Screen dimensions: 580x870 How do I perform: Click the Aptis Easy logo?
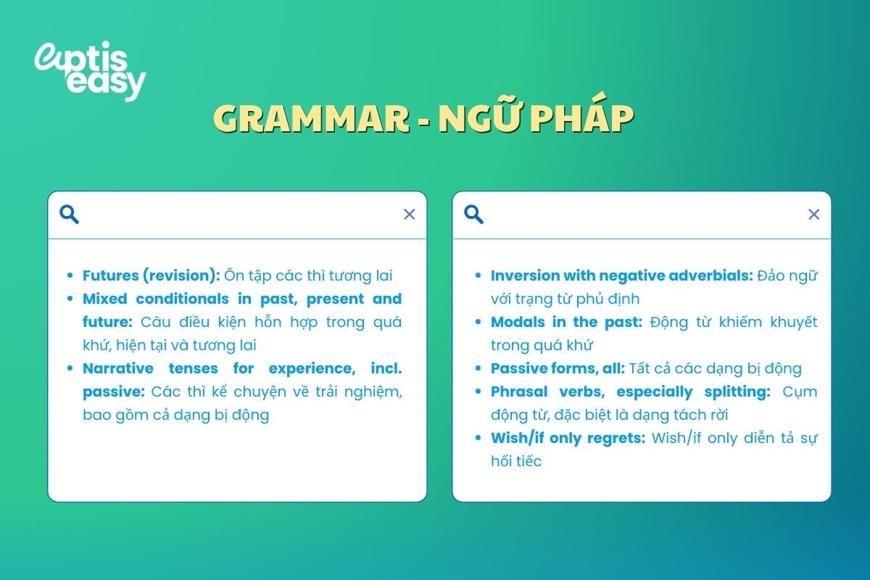point(90,70)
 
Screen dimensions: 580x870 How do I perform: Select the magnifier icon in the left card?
point(70,215)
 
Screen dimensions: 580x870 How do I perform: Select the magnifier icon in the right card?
point(474,215)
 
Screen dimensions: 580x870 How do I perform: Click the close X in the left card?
point(410,215)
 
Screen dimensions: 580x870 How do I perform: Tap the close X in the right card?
point(814,215)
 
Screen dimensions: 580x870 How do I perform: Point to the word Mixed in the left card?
point(104,299)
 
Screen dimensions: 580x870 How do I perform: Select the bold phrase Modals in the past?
point(566,322)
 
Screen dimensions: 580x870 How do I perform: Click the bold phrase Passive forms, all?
point(558,368)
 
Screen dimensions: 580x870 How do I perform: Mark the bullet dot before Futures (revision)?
point(70,276)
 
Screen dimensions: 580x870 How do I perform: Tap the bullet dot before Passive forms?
point(478,369)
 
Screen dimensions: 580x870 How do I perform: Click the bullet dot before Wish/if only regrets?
point(478,439)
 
